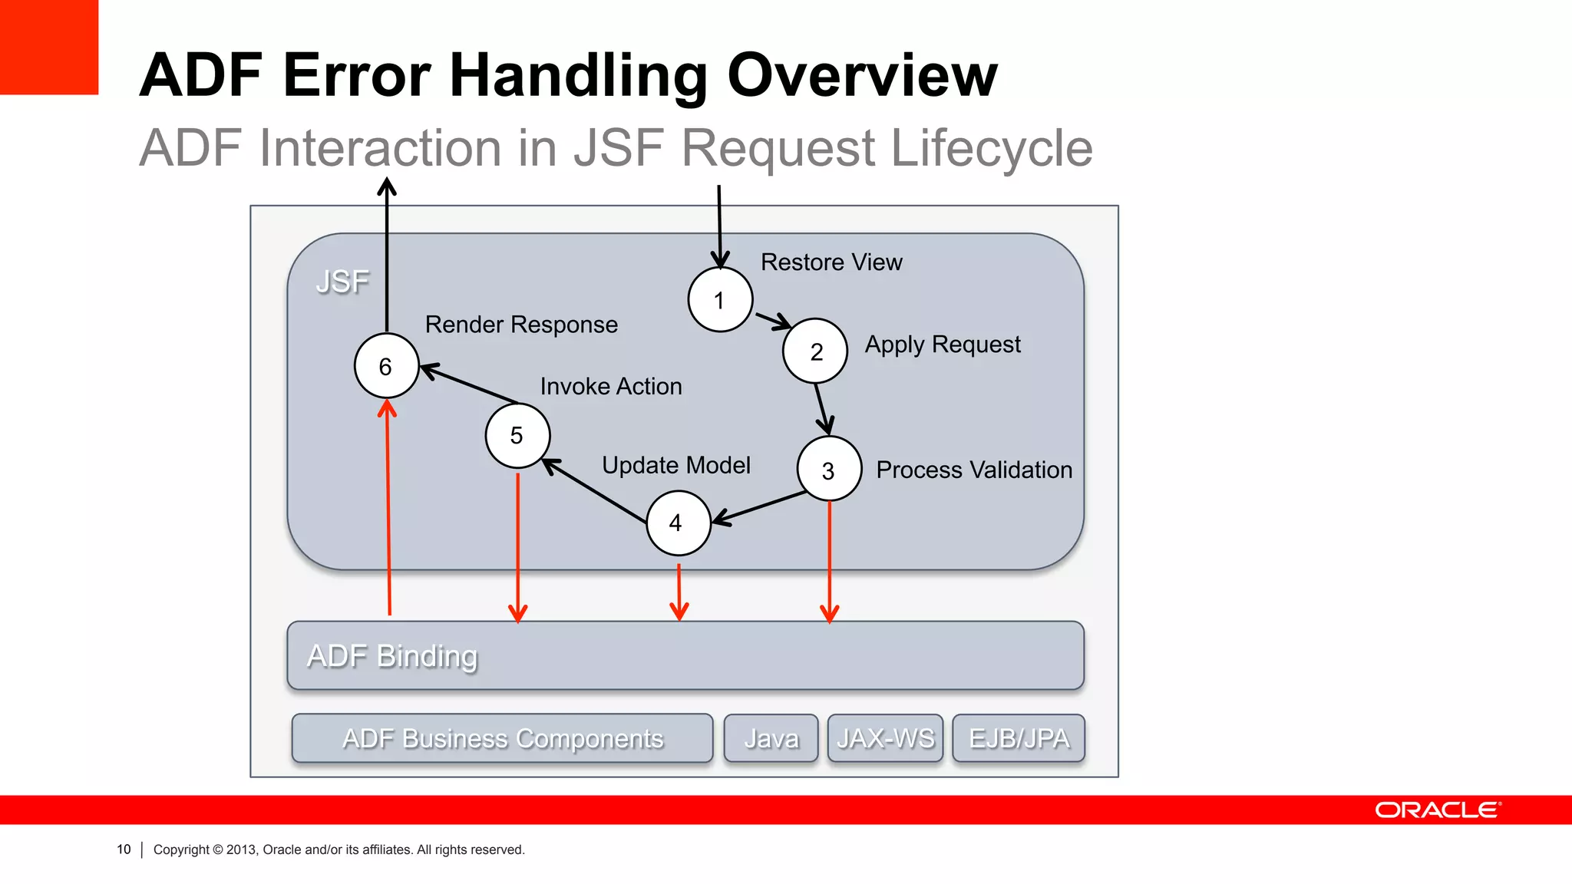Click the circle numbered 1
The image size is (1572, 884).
point(720,300)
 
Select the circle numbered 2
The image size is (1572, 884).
point(815,351)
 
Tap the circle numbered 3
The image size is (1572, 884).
point(828,470)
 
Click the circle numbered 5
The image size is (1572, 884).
point(517,436)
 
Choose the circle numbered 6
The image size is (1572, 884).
point(386,366)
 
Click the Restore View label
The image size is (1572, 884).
point(831,262)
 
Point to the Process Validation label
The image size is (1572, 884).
point(974,470)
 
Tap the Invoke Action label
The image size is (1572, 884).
point(611,386)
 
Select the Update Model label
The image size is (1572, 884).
point(675,465)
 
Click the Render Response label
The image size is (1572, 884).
point(521,325)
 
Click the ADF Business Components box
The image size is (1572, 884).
point(503,738)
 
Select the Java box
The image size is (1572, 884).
point(771,738)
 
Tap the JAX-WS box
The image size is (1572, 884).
point(885,738)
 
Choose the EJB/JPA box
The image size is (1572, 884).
point(1019,738)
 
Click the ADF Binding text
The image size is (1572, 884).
point(392,656)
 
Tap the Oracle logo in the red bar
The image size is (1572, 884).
point(1437,810)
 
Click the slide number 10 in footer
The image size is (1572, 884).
point(124,849)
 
